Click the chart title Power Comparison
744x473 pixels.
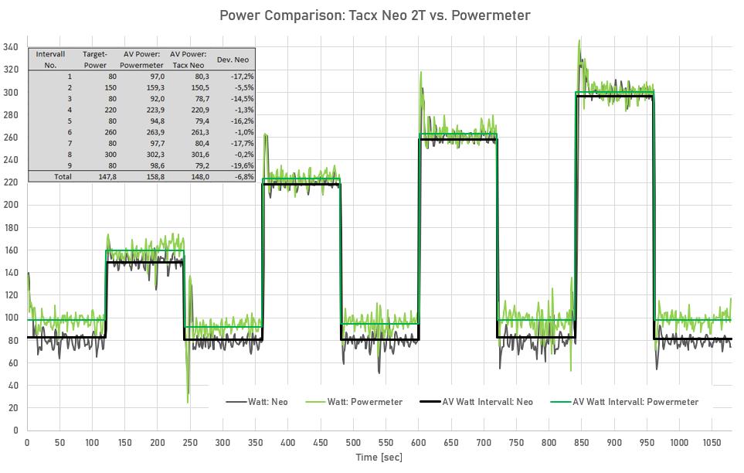375,15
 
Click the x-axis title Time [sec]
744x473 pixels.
379,457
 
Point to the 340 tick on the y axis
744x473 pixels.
10,47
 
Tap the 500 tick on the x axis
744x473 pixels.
353,442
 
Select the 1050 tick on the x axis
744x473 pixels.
711,442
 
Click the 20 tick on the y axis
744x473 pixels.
13,407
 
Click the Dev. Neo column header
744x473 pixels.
236,60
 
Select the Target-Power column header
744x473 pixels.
95,60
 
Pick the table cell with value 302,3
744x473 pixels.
148,154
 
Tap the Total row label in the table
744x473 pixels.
61,176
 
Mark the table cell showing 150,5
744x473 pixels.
194,87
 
